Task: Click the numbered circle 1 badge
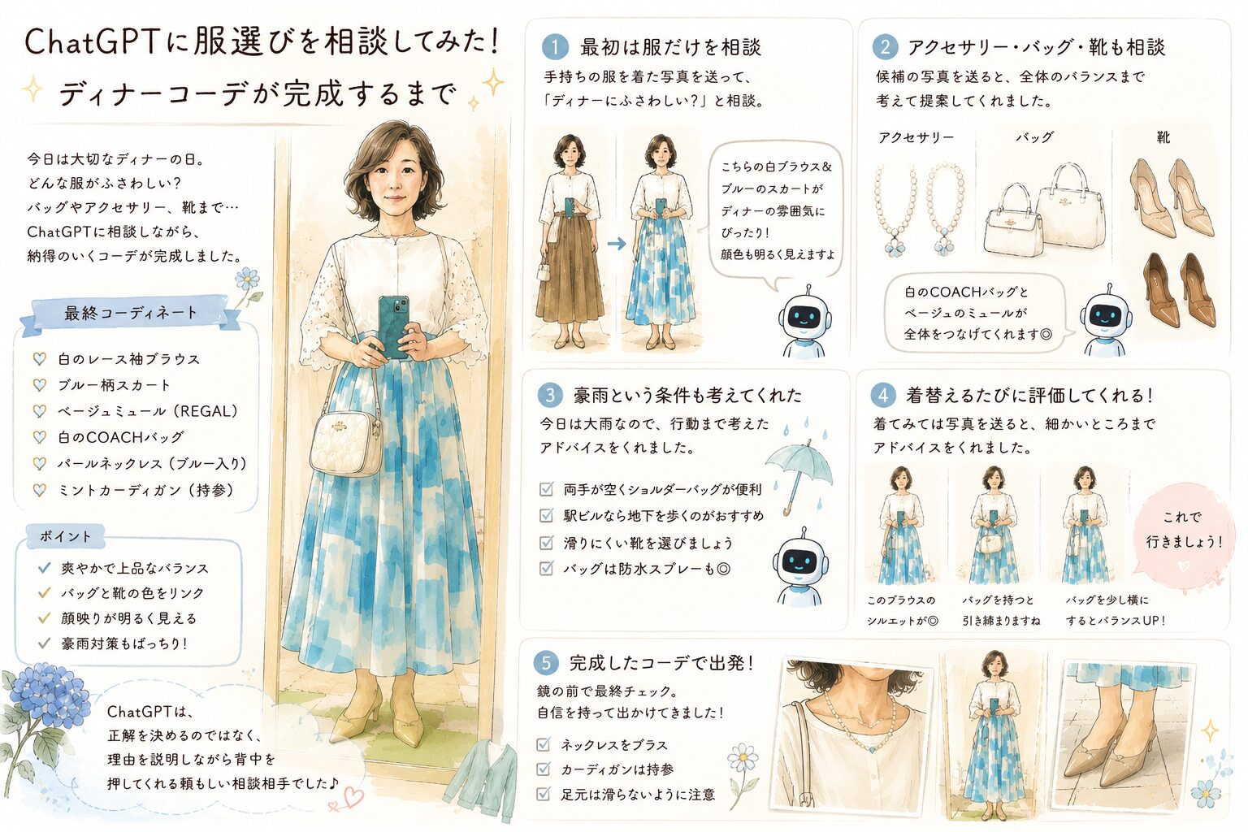[x=555, y=47]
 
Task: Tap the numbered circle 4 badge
[x=883, y=395]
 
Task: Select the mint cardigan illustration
[x=480, y=779]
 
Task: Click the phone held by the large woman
[x=393, y=327]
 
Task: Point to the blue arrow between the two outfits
[x=616, y=244]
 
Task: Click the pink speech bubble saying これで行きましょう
[x=1182, y=536]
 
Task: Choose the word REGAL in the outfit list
[x=207, y=411]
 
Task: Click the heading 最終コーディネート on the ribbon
[x=131, y=313]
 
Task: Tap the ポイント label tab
[x=66, y=536]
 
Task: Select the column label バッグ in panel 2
[x=1034, y=137]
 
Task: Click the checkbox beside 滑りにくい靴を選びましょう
[x=546, y=542]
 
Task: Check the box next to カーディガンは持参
[x=543, y=769]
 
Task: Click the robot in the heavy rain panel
[x=799, y=567]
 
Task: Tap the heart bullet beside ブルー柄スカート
[x=40, y=384]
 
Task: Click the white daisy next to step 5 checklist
[x=742, y=758]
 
